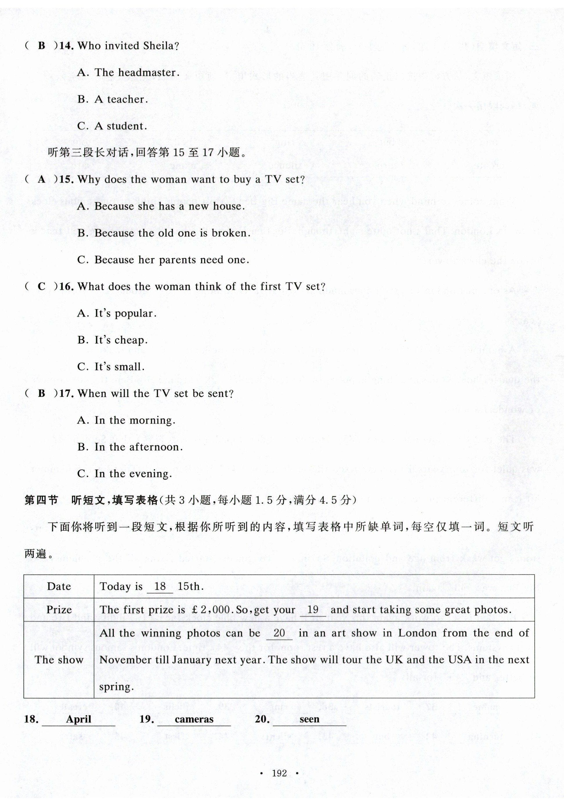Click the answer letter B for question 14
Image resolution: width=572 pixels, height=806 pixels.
tap(41, 46)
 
